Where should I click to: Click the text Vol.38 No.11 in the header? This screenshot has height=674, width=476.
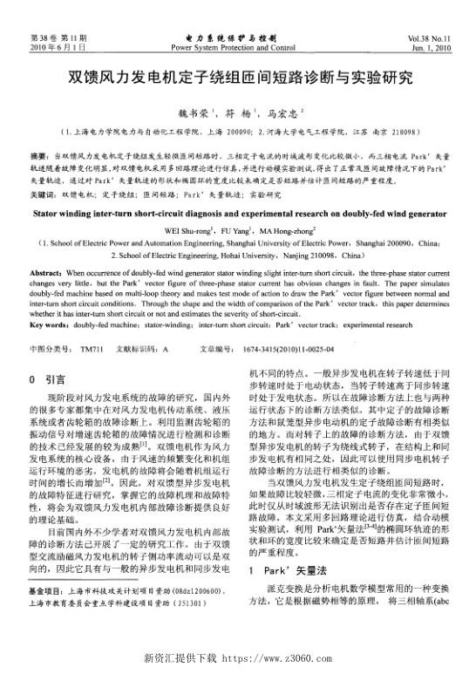pyautogui.click(x=425, y=40)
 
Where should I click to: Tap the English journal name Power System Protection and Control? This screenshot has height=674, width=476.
pyautogui.click(x=237, y=49)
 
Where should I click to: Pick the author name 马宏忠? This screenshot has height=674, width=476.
pyautogui.click(x=286, y=112)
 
